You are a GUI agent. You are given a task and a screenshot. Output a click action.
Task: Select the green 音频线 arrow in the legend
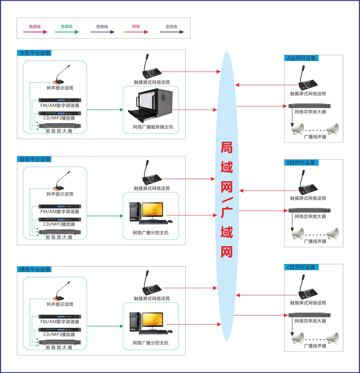coord(66,32)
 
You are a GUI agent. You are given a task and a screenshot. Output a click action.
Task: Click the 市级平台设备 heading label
coord(35,53)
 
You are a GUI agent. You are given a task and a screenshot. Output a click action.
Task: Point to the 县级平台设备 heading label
coord(35,159)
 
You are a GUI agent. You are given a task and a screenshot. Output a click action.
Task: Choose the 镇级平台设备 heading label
coord(35,269)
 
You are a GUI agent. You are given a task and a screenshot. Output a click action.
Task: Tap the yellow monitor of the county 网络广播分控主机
coord(152,210)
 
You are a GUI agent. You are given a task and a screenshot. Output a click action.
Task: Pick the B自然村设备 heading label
coord(300,163)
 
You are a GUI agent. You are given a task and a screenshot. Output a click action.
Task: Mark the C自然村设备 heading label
coord(301,267)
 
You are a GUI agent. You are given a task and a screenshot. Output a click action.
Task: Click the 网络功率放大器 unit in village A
coord(310,106)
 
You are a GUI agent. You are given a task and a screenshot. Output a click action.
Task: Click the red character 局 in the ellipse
coord(227,148)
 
